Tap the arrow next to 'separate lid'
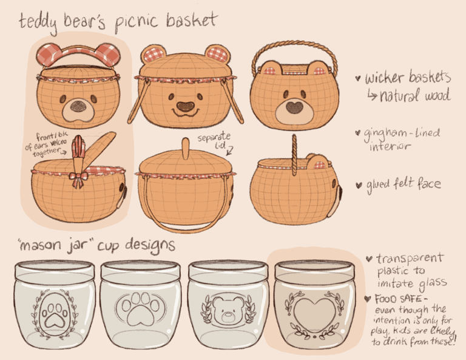pyautogui.click(x=229, y=151)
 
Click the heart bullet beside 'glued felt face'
pyautogui.click(x=359, y=185)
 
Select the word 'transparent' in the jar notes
pyautogui.click(x=410, y=259)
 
